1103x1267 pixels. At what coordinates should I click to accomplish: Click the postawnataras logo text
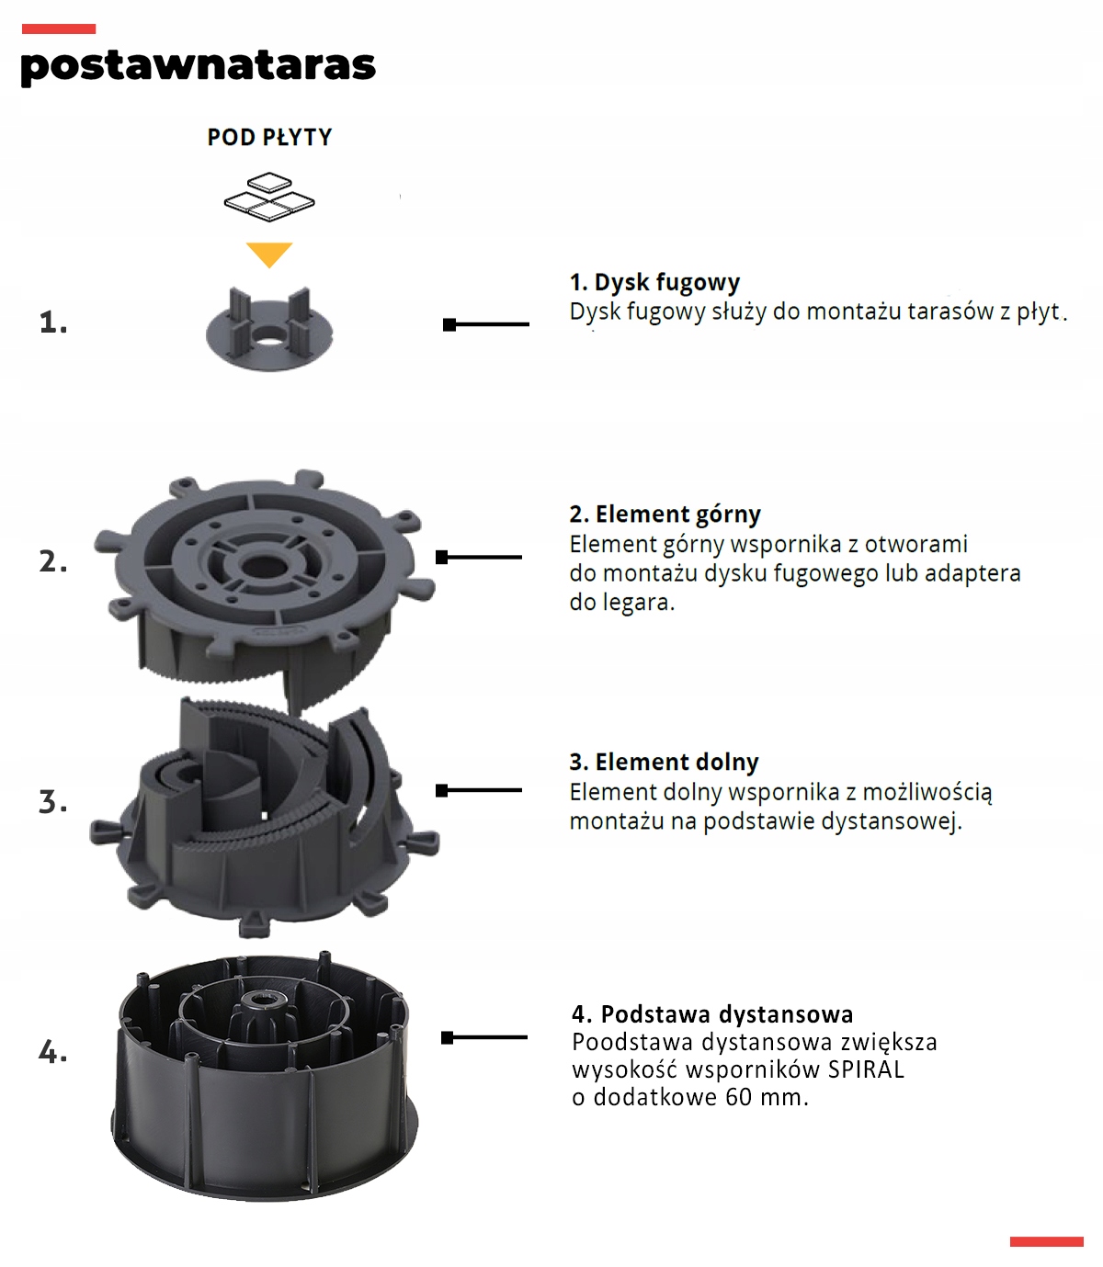[x=198, y=65]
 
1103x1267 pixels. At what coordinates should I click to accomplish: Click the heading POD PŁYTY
[x=269, y=138]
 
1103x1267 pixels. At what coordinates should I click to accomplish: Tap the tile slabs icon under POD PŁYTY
[x=269, y=197]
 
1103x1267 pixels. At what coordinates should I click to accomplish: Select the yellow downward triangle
[x=269, y=254]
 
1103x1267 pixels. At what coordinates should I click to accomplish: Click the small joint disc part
[x=268, y=332]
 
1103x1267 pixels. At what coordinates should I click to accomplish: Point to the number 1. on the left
[x=53, y=322]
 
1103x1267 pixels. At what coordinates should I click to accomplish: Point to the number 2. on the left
[x=53, y=560]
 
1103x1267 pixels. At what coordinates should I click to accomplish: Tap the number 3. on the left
[x=53, y=802]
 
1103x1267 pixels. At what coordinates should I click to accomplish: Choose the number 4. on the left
[x=53, y=1051]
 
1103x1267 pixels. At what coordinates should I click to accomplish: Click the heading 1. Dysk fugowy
[x=654, y=282]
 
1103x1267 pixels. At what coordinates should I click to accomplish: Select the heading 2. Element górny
[x=665, y=514]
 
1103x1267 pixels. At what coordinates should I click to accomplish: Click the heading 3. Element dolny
[x=664, y=762]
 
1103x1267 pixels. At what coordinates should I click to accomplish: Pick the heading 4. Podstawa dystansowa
[x=712, y=1014]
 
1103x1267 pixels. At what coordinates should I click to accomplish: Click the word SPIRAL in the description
[x=866, y=1069]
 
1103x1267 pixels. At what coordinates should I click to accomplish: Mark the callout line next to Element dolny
[x=479, y=790]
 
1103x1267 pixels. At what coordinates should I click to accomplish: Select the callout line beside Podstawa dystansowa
[x=484, y=1037]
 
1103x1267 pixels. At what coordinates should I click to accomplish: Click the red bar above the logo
[x=58, y=29]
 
